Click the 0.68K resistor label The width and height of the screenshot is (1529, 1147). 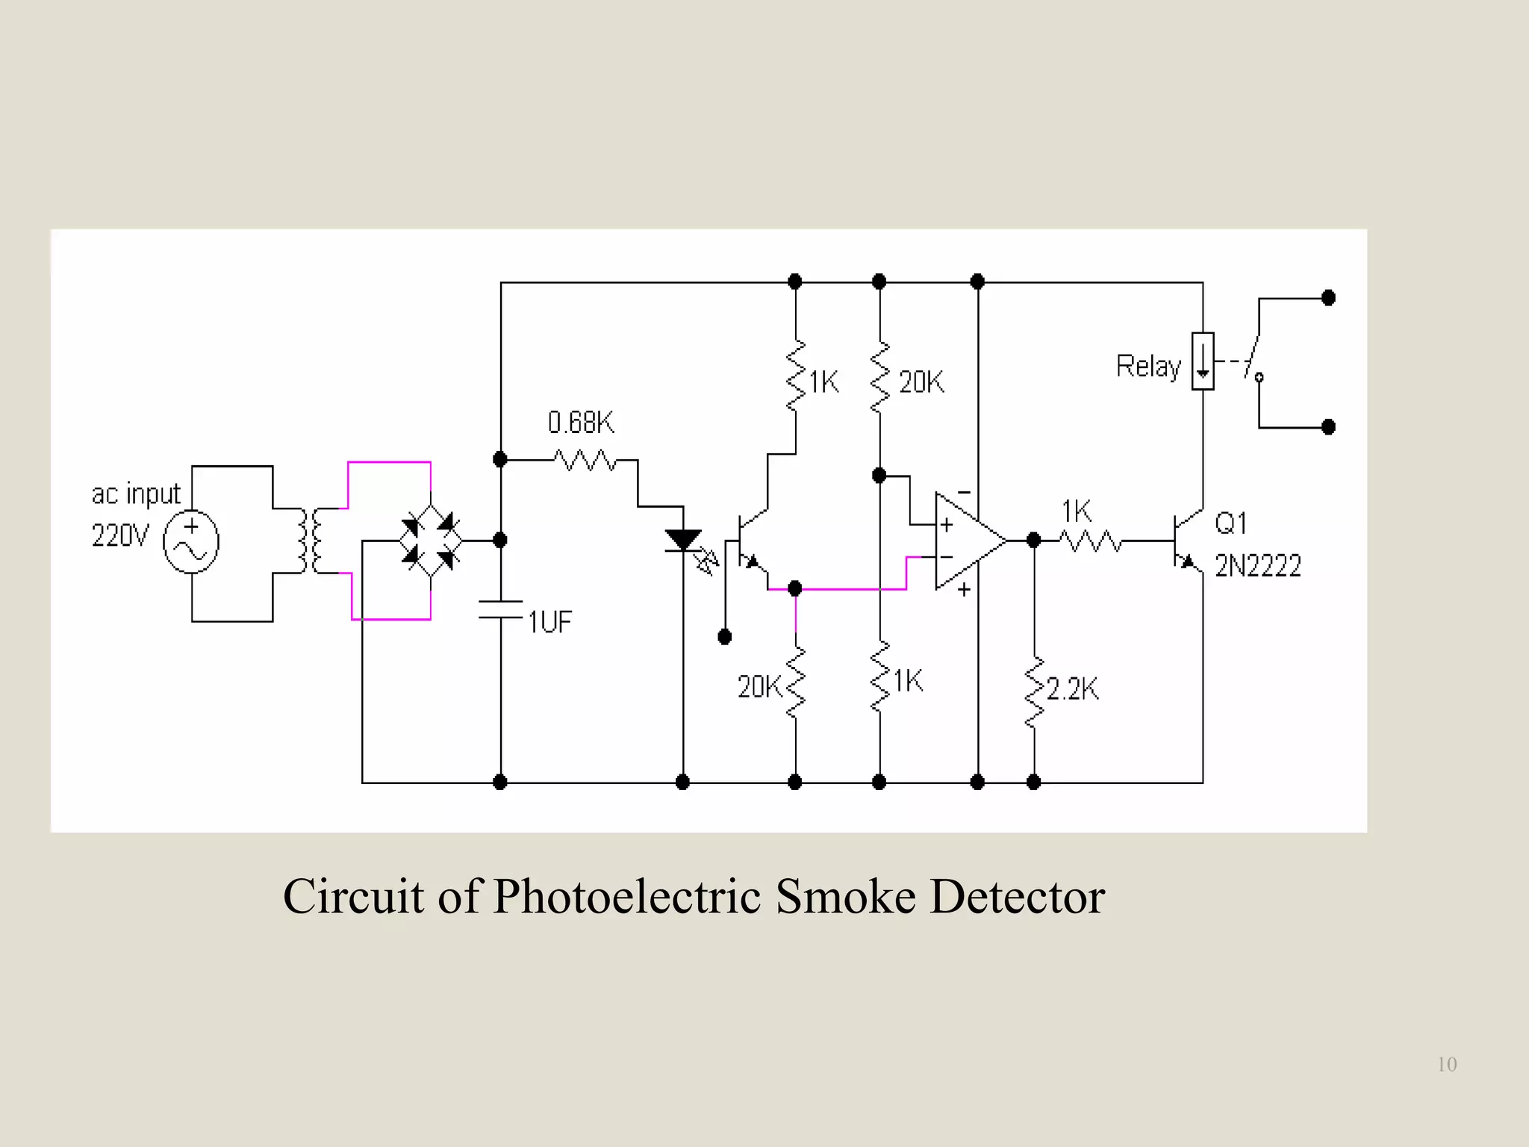pos(581,423)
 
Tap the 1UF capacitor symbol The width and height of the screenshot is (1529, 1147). pos(500,609)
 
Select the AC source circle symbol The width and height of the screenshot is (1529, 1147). pos(191,543)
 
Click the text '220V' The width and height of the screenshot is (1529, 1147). pos(120,535)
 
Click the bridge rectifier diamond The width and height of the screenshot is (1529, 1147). pos(431,540)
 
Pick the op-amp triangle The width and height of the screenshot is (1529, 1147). pos(968,541)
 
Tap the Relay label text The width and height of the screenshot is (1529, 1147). pos(1148,367)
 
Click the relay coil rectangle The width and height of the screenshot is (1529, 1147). pos(1202,361)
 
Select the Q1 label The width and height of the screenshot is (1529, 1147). pos(1231,523)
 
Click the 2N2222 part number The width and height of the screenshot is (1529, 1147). pos(1258,566)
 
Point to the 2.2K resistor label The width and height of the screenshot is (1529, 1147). pos(1072,688)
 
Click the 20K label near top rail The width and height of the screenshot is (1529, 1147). pos(921,382)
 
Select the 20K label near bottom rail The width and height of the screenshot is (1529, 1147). pos(759,686)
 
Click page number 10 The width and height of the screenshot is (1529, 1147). pos(1446,1064)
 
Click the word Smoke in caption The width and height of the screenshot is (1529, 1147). pos(845,896)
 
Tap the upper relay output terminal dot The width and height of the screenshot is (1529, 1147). pos(1327,298)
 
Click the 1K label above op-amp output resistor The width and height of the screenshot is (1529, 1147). pos(1077,512)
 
